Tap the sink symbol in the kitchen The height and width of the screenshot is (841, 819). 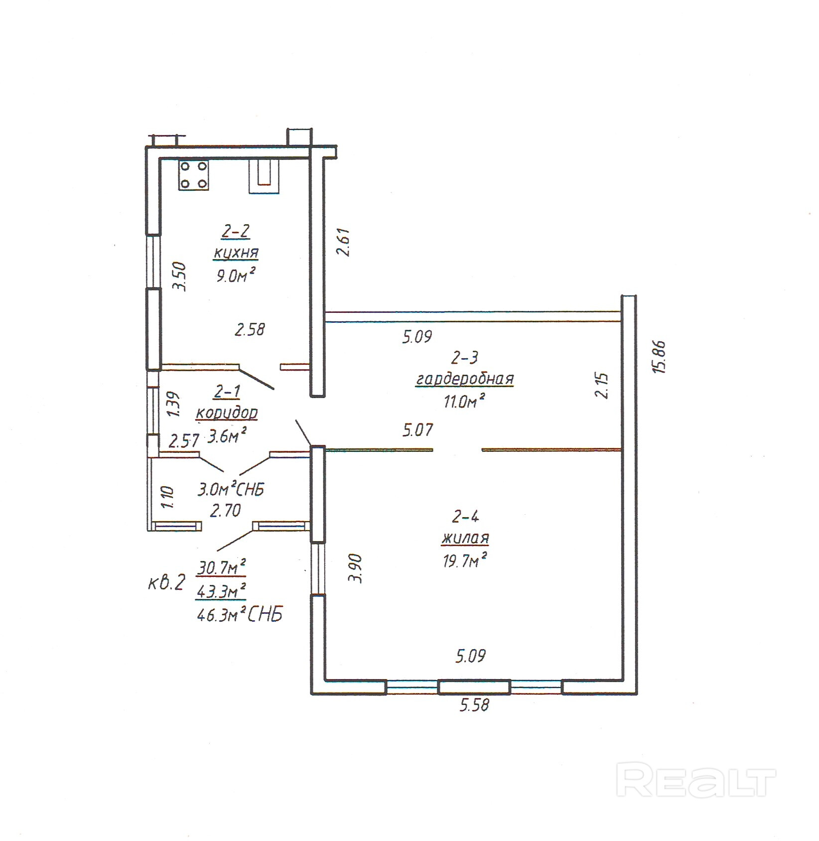(x=264, y=176)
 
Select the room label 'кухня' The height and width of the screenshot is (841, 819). (x=236, y=253)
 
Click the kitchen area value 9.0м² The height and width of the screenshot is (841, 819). (x=236, y=275)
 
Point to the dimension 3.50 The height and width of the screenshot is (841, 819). (x=178, y=277)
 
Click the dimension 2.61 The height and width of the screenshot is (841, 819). (x=344, y=242)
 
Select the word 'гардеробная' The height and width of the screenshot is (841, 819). (x=465, y=379)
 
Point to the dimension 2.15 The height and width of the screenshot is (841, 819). (x=602, y=385)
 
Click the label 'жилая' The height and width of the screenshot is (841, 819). (x=465, y=539)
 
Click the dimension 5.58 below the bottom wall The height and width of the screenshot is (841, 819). (x=474, y=705)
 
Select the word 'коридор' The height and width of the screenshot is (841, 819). (x=227, y=414)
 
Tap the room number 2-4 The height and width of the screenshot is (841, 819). (x=465, y=517)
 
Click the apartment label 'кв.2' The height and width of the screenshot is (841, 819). (x=167, y=582)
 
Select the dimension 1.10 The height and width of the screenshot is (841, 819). (x=167, y=497)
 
